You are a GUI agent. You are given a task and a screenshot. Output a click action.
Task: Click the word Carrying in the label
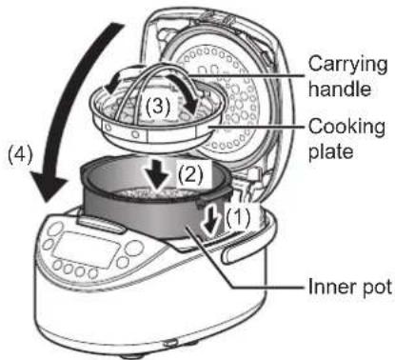coord(347,66)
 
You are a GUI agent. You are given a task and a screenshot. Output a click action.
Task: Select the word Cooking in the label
coord(346,128)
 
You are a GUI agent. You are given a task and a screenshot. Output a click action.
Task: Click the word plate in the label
coord(331,150)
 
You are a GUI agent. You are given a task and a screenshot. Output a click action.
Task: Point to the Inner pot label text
coord(350,287)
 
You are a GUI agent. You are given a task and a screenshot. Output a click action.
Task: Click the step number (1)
coord(238,217)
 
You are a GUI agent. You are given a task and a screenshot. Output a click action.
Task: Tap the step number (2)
coord(190,174)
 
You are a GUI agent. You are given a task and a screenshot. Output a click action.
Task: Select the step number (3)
coord(158,107)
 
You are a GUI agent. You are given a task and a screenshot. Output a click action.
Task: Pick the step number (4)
coord(20,155)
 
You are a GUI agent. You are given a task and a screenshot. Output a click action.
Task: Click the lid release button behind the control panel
coord(101,224)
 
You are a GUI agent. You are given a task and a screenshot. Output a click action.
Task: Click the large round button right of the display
coord(134,248)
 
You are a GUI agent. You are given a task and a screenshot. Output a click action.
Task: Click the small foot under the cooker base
coord(170,343)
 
